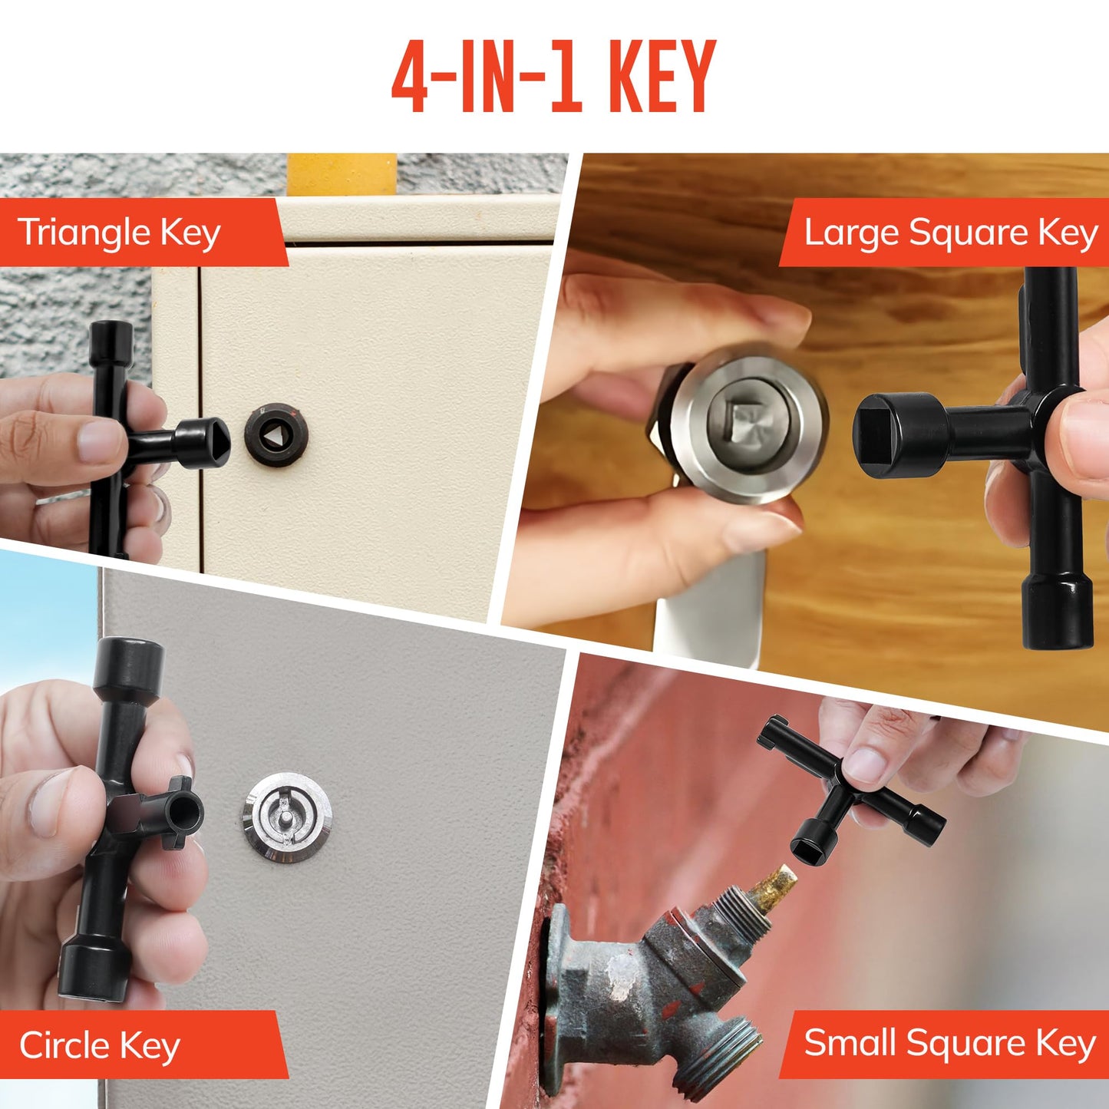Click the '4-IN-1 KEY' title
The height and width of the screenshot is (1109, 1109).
(553, 77)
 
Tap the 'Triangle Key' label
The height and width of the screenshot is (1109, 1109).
(120, 232)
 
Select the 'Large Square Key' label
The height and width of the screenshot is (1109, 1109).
(950, 232)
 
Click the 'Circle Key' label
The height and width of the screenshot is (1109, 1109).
(100, 1045)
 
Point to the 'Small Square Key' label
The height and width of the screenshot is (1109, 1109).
(949, 1043)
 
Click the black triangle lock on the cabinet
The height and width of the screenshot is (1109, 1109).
(276, 434)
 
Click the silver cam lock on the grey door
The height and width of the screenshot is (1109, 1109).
(288, 817)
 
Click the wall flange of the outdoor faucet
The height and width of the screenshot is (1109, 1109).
(556, 998)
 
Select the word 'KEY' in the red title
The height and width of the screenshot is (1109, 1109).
(662, 77)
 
